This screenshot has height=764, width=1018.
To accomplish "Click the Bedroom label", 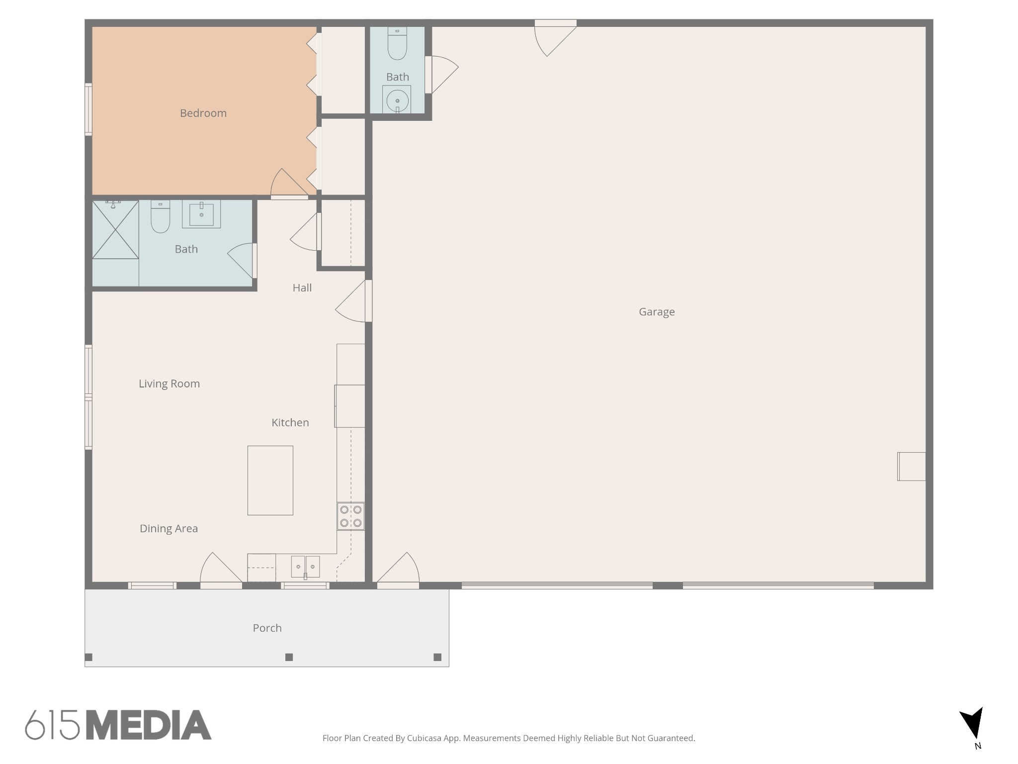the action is pyautogui.click(x=203, y=113).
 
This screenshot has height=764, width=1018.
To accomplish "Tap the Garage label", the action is pyautogui.click(x=657, y=312).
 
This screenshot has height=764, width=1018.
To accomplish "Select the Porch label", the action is pyautogui.click(x=267, y=628).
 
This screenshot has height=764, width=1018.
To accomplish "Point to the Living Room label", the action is pyautogui.click(x=169, y=383).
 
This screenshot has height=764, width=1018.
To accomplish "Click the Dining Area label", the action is pyautogui.click(x=169, y=528).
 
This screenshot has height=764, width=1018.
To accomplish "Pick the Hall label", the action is pyautogui.click(x=302, y=287).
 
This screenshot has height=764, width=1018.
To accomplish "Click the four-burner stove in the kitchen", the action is pyautogui.click(x=350, y=516).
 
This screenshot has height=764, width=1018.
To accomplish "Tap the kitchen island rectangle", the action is pyautogui.click(x=270, y=480).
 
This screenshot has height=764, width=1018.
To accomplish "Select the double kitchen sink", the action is pyautogui.click(x=305, y=567).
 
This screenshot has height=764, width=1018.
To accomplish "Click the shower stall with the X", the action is pyautogui.click(x=115, y=230).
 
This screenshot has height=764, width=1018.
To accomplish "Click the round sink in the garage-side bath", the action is pyautogui.click(x=397, y=101).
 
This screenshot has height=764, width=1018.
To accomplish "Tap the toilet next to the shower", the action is pyautogui.click(x=160, y=217).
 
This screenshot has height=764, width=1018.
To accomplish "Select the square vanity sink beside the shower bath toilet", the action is pyautogui.click(x=201, y=214).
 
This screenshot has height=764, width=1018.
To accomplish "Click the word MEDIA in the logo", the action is pyautogui.click(x=149, y=725).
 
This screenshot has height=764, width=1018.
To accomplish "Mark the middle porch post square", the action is pyautogui.click(x=289, y=657).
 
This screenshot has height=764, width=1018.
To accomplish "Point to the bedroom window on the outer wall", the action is pyautogui.click(x=88, y=109).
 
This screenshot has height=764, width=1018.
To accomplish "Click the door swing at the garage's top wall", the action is pyautogui.click(x=555, y=39).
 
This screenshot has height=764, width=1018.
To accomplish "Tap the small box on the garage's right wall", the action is pyautogui.click(x=912, y=467).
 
